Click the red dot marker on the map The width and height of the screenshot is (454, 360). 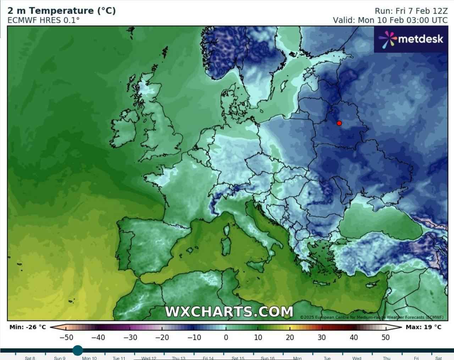point(339,123)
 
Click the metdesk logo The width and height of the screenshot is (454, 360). point(411,39)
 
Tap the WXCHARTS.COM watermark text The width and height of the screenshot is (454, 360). point(229,311)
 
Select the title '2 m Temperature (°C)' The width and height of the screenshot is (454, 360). point(61,11)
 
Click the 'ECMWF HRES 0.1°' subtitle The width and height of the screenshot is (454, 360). point(43,20)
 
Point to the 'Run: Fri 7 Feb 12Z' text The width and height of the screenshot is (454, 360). point(411,11)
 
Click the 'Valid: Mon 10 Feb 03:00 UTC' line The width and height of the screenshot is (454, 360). point(390,20)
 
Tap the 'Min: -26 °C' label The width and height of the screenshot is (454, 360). point(28,327)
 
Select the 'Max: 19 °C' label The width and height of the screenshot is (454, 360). point(423,327)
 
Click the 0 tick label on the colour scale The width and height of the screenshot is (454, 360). point(226,337)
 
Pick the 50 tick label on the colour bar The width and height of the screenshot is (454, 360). point(386,337)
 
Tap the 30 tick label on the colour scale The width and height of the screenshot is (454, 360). point(322,337)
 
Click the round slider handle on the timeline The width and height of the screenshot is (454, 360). point(78,350)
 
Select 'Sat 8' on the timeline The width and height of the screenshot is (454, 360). point(30,358)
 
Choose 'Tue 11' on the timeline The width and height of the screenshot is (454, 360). point(119,358)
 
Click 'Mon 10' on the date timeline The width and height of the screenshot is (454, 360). point(89,358)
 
